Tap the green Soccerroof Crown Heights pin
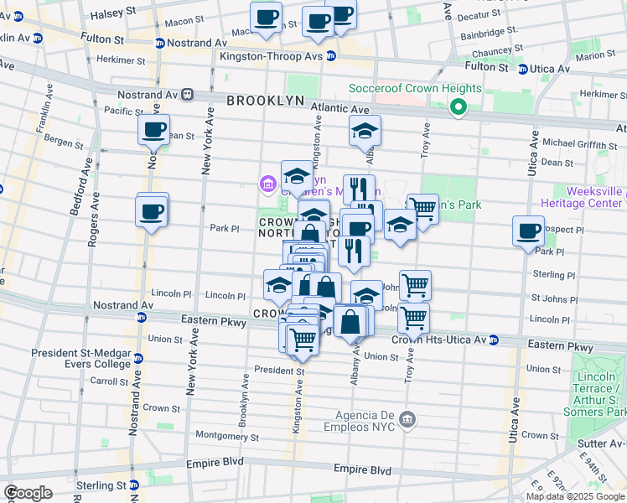click(x=459, y=106)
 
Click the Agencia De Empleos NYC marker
click(x=407, y=418)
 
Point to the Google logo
click(x=28, y=493)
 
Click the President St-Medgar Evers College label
click(x=81, y=358)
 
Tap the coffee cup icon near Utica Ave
click(x=528, y=231)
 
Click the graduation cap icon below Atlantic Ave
click(x=365, y=131)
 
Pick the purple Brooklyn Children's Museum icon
click(x=268, y=183)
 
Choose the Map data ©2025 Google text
click(x=574, y=496)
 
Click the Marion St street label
click(x=595, y=55)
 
